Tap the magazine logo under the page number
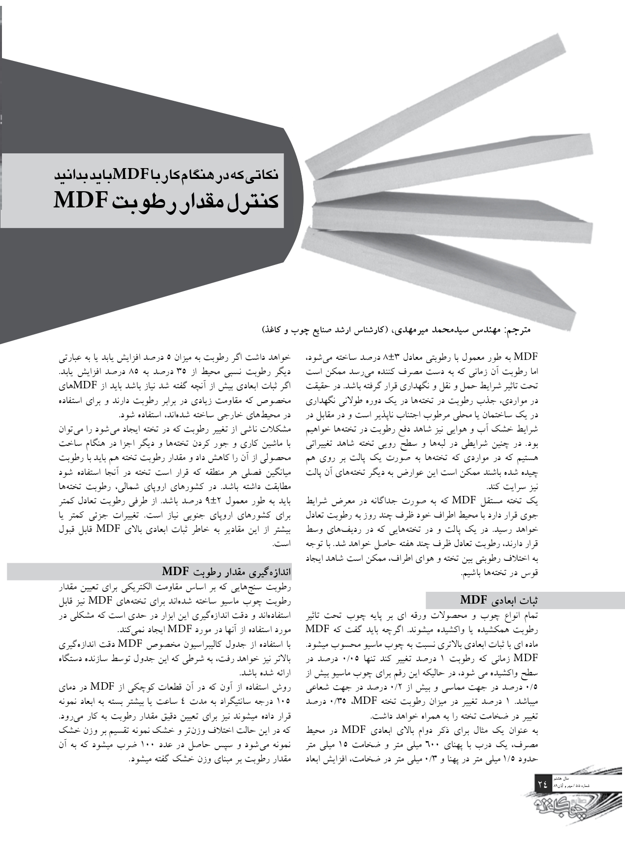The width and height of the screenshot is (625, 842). [570, 811]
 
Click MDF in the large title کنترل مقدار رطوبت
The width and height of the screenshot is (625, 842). [82, 202]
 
